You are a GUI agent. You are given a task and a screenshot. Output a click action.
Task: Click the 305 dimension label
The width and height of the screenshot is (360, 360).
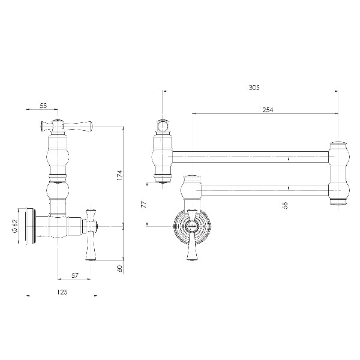pos(254,88)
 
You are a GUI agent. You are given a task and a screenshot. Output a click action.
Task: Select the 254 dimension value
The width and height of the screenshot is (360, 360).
pos(268,110)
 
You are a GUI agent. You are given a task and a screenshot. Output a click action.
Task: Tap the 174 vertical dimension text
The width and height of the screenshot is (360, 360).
pos(120,175)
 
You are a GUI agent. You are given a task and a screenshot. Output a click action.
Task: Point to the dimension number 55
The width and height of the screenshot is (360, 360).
pos(43,106)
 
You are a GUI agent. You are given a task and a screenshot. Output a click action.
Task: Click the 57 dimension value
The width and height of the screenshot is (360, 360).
pos(75,275)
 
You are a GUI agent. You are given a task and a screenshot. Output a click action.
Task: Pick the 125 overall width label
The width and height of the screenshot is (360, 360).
pos(62,292)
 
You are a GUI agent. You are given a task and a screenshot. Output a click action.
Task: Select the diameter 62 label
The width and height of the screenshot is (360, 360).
pos(14,226)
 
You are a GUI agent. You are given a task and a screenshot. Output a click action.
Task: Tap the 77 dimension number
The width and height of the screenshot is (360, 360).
pos(143,204)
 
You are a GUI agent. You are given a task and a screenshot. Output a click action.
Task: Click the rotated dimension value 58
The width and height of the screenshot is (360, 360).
pos(286,205)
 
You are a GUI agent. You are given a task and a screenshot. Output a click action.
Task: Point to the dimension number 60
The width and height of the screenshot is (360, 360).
pos(120,268)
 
